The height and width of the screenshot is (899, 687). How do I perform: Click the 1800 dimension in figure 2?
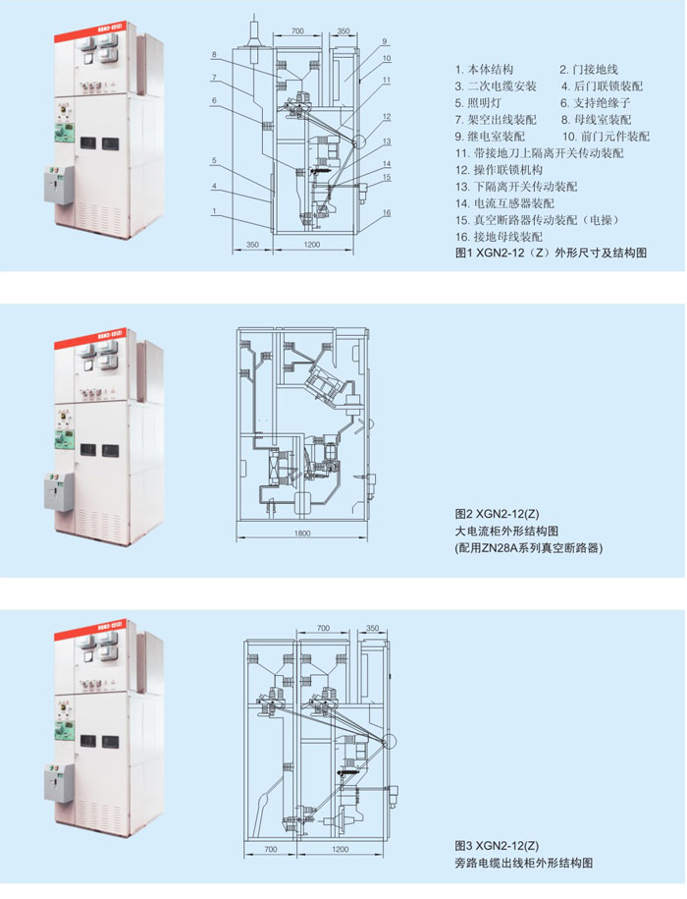click(x=302, y=534)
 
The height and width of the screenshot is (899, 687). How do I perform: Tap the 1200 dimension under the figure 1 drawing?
click(x=312, y=243)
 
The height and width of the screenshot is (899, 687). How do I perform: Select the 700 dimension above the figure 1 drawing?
click(x=298, y=32)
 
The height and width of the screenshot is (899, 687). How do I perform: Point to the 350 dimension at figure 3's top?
click(x=372, y=627)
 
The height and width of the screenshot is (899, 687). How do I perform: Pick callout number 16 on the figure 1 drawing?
click(x=387, y=213)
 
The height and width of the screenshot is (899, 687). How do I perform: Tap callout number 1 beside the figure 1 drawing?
click(x=213, y=211)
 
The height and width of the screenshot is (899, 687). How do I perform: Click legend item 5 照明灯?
click(x=485, y=103)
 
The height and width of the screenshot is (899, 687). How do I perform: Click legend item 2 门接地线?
click(x=588, y=70)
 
